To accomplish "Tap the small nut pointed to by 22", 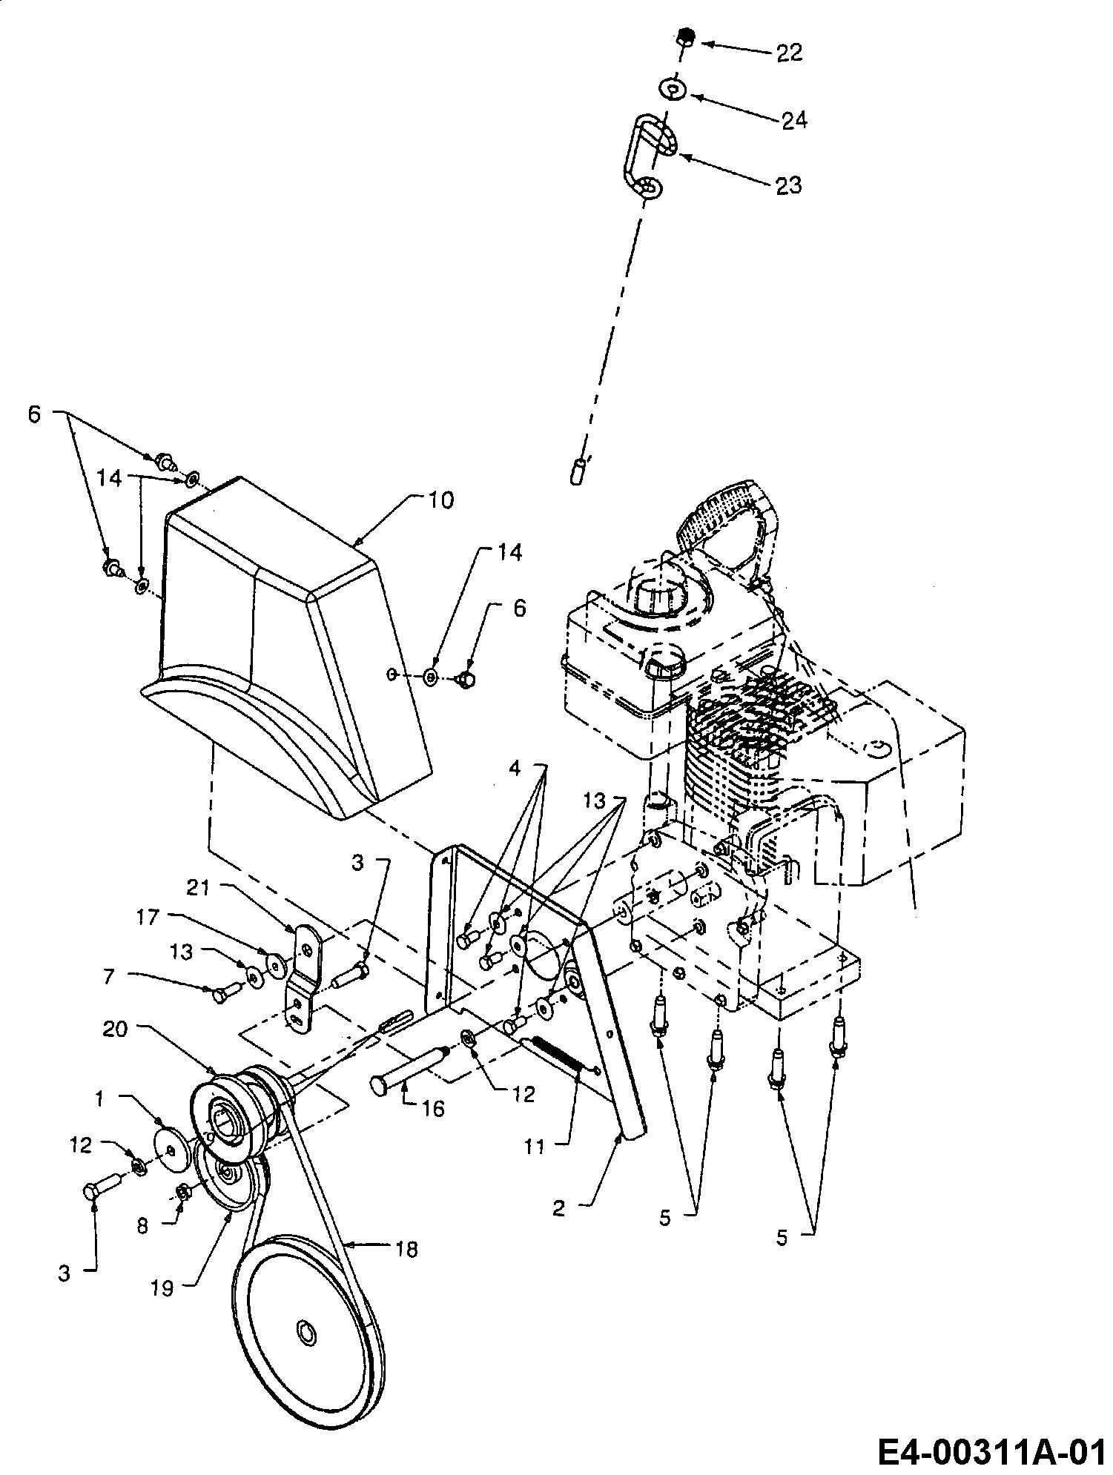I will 685,36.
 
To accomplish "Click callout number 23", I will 788,185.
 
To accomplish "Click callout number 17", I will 148,918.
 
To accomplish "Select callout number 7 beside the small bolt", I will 109,976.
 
